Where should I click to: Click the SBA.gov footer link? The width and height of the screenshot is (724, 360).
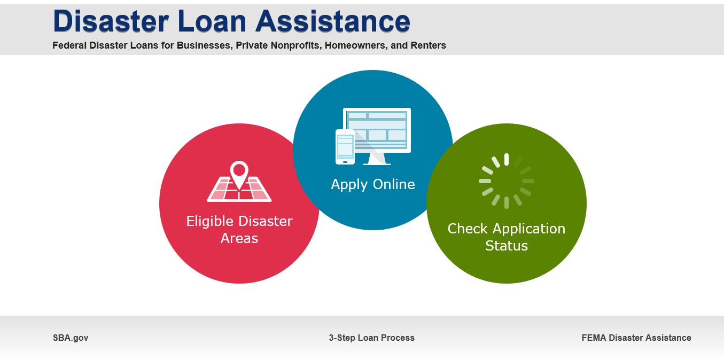click(71, 338)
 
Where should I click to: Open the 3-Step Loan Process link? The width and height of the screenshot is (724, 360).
click(371, 338)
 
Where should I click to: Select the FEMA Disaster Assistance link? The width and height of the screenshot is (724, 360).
click(636, 338)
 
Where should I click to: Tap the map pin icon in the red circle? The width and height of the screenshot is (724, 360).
click(239, 174)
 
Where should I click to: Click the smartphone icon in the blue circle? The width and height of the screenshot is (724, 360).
click(345, 146)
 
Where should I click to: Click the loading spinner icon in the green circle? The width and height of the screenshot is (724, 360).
click(506, 181)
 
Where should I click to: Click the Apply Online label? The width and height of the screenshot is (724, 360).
click(372, 184)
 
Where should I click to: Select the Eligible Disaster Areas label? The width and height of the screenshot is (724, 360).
click(239, 230)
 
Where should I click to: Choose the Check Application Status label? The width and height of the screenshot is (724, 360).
click(506, 237)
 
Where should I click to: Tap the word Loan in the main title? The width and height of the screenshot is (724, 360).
click(212, 21)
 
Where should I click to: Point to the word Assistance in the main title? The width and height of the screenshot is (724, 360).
click(332, 21)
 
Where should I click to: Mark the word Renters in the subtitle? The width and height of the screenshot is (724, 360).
click(428, 45)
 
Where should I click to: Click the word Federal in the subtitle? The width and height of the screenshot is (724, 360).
click(68, 45)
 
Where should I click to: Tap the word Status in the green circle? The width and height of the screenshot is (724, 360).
click(506, 246)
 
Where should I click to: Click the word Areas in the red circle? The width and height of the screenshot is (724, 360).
click(239, 238)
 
